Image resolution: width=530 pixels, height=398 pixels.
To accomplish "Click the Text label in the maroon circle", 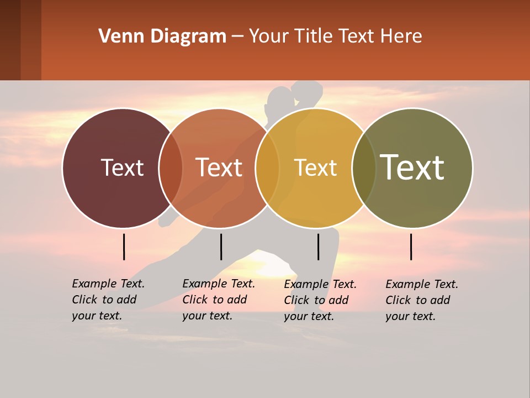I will click(122, 167).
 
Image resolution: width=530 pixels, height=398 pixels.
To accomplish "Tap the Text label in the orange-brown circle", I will click(219, 167).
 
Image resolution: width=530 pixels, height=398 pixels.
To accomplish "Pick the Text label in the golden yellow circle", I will click(316, 167).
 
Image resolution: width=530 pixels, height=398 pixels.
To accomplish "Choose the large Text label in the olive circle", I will click(412, 167).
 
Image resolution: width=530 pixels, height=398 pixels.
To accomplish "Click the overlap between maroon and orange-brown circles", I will click(171, 167).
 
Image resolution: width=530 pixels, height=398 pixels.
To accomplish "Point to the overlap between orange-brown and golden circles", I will click(268, 167).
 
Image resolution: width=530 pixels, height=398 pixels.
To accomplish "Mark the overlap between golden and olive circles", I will click(364, 167).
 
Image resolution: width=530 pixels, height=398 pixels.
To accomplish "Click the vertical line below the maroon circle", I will click(124, 247).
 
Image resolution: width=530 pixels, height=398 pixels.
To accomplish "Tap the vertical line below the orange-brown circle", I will click(221, 247).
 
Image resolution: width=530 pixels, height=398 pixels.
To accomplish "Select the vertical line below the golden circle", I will click(318, 247).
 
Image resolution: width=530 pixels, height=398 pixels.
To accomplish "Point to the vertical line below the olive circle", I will click(411, 247).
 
